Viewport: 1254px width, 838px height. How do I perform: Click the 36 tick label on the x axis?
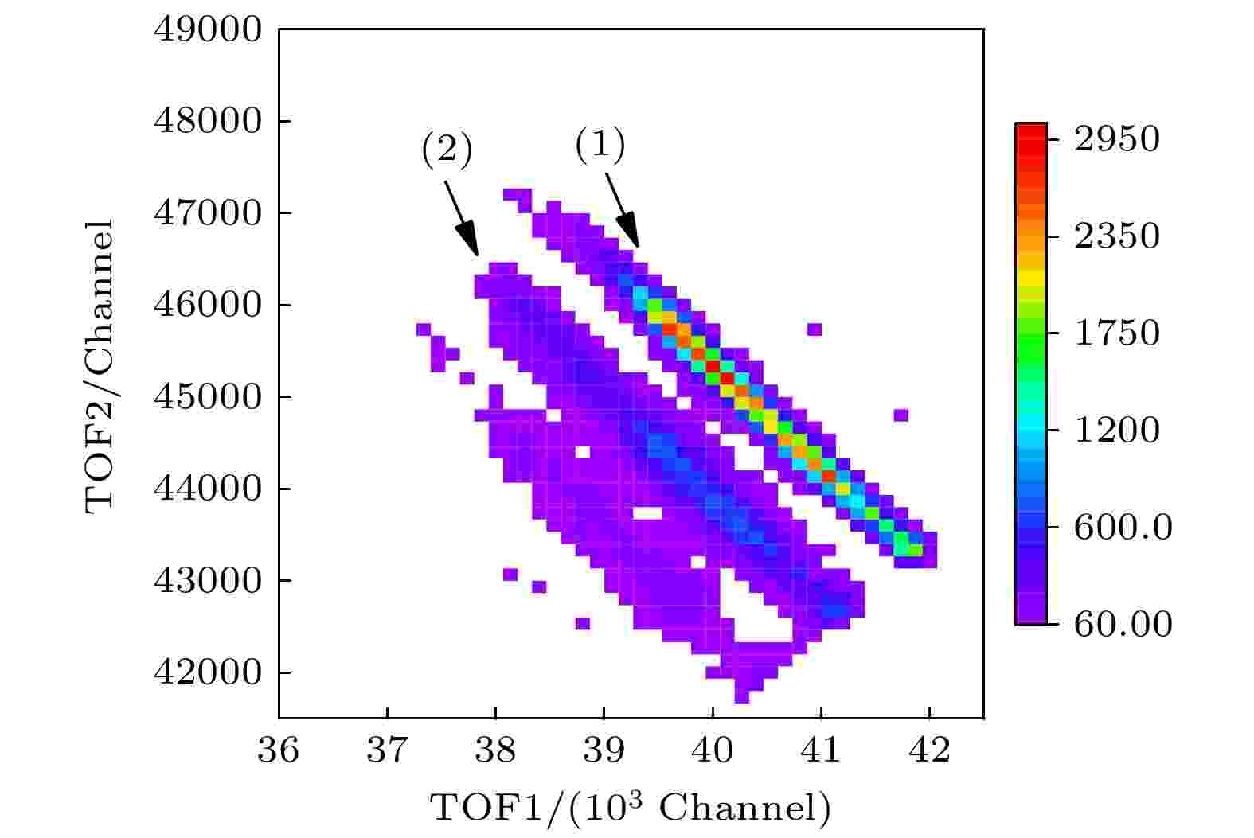tap(279, 750)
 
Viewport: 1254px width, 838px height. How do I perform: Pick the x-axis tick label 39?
tap(604, 750)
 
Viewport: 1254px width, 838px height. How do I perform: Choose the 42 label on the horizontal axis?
tap(929, 750)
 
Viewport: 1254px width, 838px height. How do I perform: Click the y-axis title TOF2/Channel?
tap(100, 367)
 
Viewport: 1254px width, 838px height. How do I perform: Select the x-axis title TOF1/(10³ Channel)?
tap(631, 808)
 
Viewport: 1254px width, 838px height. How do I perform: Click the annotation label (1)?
tap(600, 146)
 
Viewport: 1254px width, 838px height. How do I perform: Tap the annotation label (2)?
tap(447, 150)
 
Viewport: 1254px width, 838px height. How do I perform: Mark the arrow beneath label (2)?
tap(462, 218)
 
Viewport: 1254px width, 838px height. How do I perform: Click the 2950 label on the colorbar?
tap(1116, 139)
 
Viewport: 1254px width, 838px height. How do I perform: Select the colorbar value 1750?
tap(1116, 333)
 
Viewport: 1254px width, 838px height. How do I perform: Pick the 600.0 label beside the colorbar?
tap(1123, 527)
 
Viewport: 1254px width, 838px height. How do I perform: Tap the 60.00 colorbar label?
tap(1123, 623)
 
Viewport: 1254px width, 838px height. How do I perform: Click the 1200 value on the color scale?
tap(1116, 430)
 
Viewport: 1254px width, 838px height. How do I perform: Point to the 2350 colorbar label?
tap(1116, 236)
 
